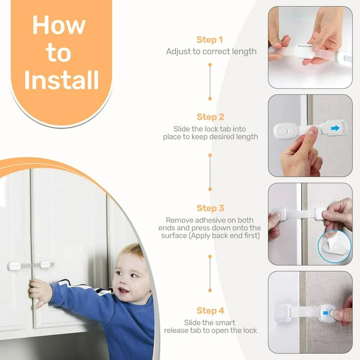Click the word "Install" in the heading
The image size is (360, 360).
point(61,80)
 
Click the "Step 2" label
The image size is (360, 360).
point(210,117)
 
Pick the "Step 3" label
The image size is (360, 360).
point(210,208)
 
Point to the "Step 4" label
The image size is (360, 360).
point(210,311)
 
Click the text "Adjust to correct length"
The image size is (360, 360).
point(211,51)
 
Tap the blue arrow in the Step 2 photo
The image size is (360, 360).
point(334,129)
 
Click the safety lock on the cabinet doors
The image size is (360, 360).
point(31,264)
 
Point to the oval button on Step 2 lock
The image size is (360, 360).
point(285,131)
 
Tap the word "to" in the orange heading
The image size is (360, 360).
point(59,53)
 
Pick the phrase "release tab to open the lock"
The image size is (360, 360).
point(210,330)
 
